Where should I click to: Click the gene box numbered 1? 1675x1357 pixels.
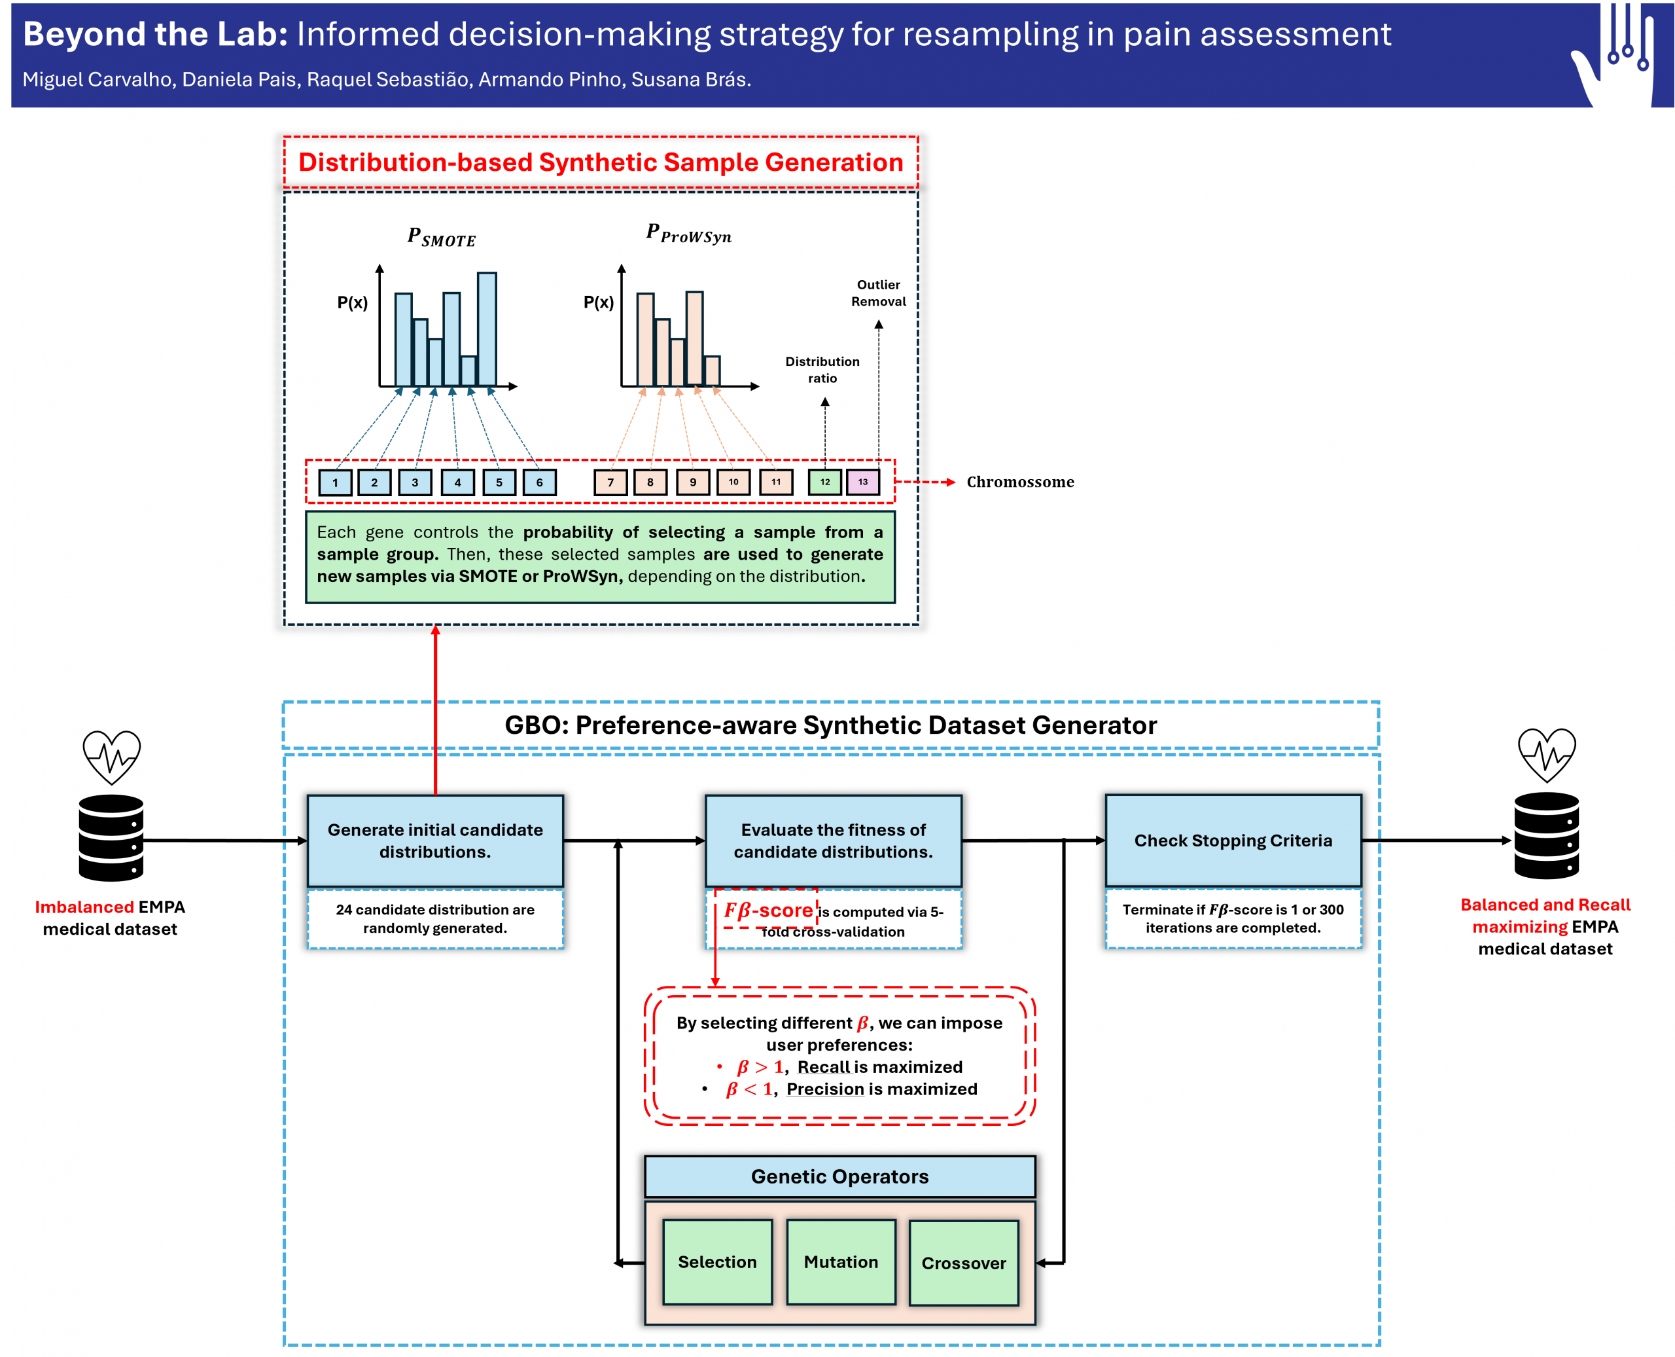point(335,482)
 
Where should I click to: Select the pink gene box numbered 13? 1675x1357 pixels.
point(862,482)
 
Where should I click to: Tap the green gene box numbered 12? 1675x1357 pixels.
point(825,482)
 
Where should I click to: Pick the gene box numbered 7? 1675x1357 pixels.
point(610,482)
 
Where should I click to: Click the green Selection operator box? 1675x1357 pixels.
point(717,1261)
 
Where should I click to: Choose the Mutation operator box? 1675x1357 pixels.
point(841,1261)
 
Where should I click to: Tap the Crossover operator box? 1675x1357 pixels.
point(963,1263)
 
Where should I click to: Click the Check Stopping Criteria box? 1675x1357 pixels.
point(1233,841)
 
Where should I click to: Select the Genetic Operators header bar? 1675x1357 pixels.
point(840,1176)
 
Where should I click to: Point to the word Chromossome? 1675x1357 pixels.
point(1020,482)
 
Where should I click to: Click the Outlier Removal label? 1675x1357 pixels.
point(878,293)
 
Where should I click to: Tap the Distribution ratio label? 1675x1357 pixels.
point(822,370)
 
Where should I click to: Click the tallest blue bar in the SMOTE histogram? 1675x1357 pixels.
point(487,329)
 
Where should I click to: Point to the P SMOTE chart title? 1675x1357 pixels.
point(442,237)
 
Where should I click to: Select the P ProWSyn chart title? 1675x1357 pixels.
point(688,234)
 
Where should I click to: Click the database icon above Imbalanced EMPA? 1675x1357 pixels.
point(111,838)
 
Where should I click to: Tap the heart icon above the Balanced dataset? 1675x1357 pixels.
point(1547,754)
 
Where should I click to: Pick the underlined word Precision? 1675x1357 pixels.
point(825,1089)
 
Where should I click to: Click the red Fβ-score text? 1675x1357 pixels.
point(768,911)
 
